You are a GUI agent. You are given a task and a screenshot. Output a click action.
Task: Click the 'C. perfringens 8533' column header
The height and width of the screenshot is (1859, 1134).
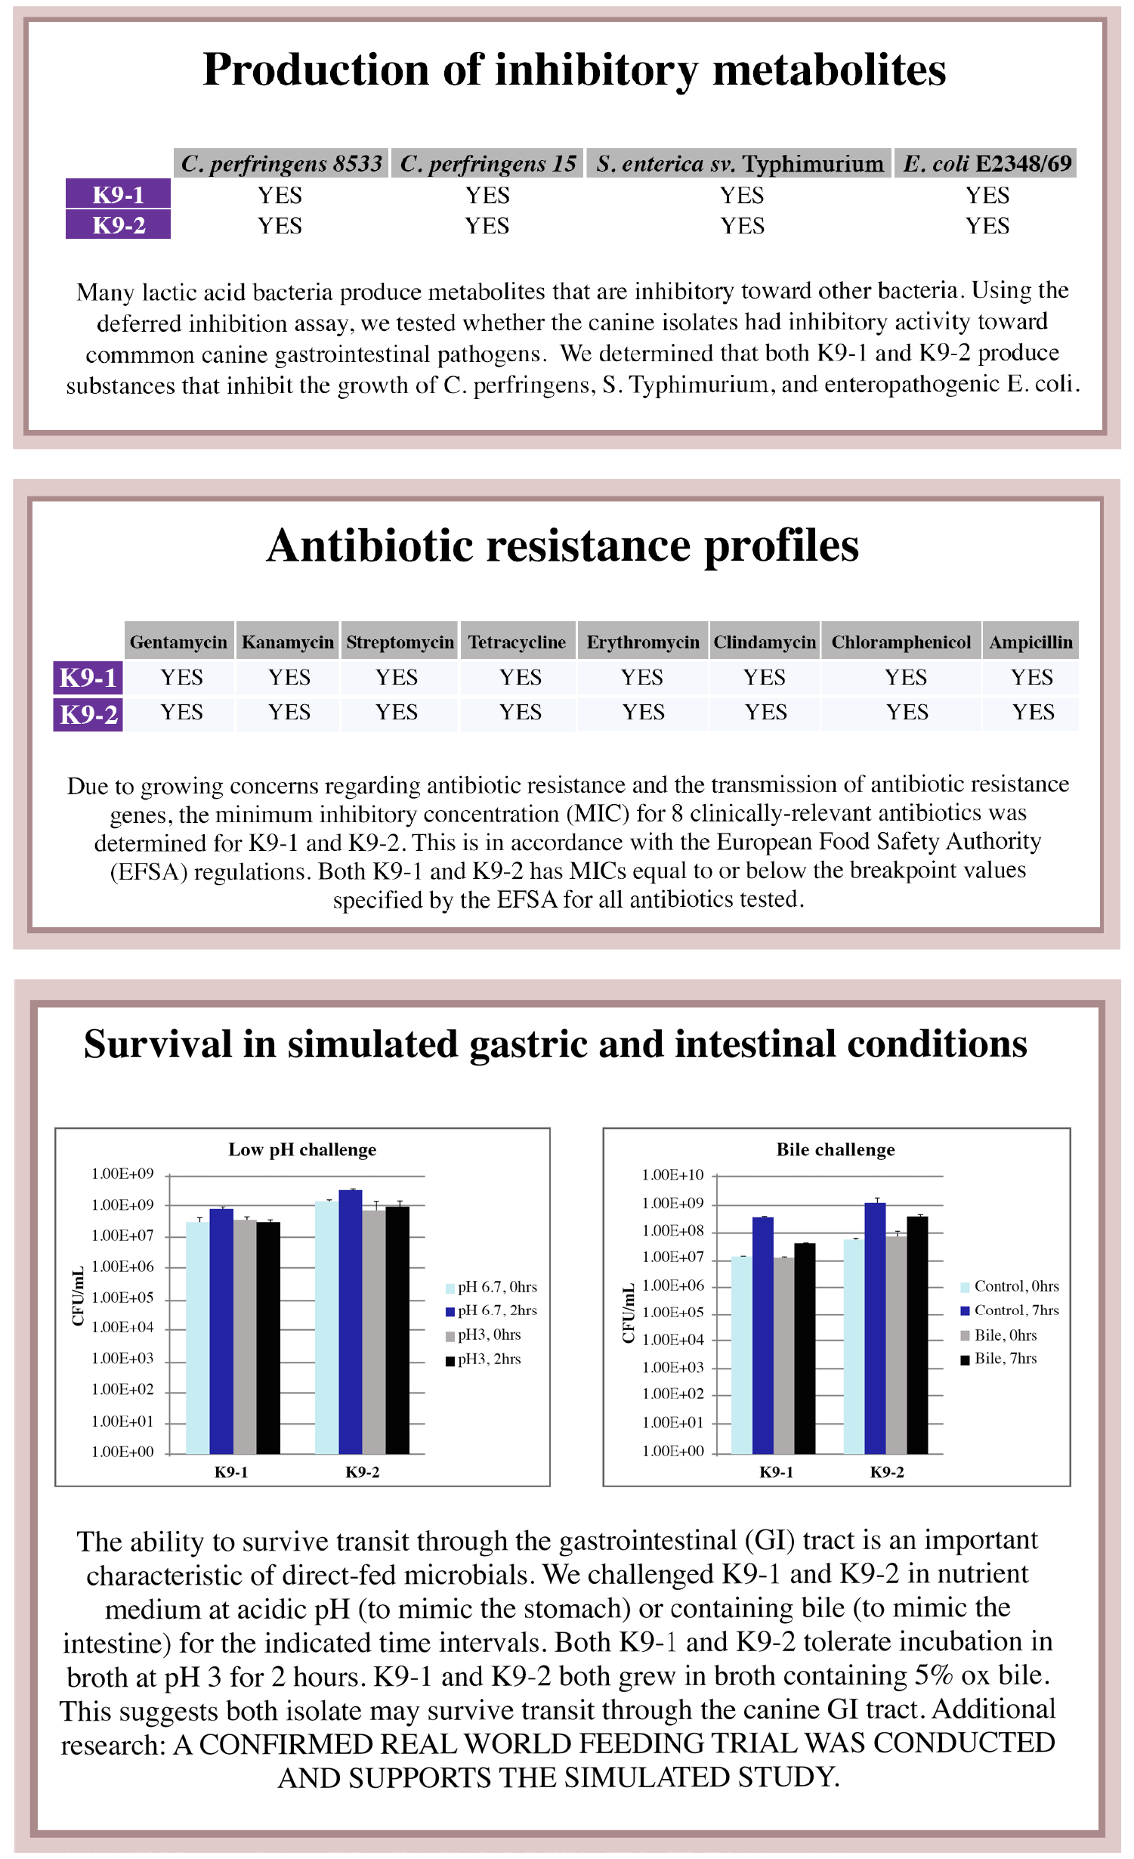pos(281,163)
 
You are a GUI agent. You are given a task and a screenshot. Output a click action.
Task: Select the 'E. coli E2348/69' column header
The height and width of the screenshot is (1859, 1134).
pos(987,163)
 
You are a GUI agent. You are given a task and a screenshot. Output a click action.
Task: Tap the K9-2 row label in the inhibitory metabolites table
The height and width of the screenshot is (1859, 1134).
pos(118,225)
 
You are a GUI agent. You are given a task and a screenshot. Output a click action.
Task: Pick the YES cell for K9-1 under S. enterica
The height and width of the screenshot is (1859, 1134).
pos(741,196)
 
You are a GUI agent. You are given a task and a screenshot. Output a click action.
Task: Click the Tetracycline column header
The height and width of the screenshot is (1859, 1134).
pos(518,642)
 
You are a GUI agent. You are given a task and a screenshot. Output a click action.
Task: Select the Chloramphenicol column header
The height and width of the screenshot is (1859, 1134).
pos(901,642)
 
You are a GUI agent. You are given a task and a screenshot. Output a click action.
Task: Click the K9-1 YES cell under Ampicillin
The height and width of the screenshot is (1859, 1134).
pos(1031,677)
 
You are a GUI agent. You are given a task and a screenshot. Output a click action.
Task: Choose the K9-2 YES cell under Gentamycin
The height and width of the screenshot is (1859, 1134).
pos(181,712)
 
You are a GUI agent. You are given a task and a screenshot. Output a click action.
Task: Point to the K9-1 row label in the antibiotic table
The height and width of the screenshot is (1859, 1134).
pos(88,677)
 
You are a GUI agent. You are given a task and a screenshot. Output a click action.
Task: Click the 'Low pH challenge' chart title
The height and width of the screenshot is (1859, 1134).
pos(302,1149)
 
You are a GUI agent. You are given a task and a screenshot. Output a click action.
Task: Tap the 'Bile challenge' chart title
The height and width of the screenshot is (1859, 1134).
pos(836,1149)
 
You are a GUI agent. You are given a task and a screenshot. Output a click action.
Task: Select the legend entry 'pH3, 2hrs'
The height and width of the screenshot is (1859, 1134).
pos(484,1359)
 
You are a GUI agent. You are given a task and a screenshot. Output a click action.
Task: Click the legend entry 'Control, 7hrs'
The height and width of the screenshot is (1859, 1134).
pos(1009,1310)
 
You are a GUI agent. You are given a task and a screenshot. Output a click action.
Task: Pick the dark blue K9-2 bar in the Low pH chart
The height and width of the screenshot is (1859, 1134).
pos(351,1322)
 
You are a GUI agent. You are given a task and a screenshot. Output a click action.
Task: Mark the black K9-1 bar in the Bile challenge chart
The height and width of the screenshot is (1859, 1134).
pos(805,1349)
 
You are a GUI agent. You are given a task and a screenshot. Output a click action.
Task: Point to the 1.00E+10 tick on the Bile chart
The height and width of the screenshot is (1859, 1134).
pos(672,1175)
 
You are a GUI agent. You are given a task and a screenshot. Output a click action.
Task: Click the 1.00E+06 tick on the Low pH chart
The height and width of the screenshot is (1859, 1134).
pos(122,1267)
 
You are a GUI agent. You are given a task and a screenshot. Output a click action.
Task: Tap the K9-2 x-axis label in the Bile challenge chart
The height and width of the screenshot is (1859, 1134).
pos(887,1472)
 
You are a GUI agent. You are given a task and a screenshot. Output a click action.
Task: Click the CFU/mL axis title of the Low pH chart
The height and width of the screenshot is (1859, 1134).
pos(78,1297)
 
